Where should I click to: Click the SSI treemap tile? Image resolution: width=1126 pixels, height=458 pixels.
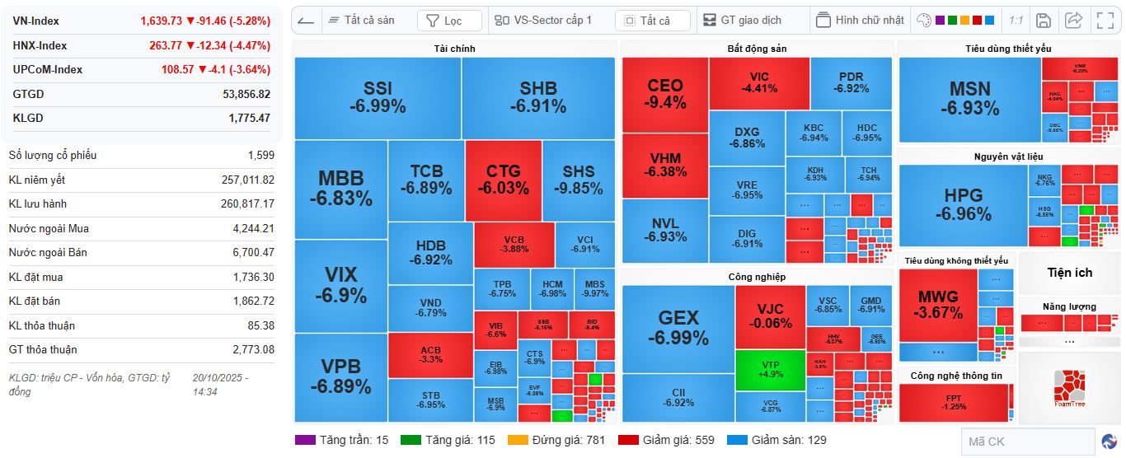[x=378, y=97]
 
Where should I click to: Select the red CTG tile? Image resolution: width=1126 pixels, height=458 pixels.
[x=503, y=180]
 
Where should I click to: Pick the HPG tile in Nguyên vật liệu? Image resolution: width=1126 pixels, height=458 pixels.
[x=963, y=204]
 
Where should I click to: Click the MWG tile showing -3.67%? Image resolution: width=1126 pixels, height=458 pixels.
[x=939, y=304]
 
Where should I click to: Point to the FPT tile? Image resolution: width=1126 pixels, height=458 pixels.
[x=954, y=403]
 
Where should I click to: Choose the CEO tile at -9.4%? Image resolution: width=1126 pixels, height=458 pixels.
[x=665, y=94]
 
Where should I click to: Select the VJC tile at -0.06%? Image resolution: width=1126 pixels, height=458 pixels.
[x=770, y=315]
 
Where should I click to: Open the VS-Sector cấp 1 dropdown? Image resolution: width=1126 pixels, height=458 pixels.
[x=544, y=21]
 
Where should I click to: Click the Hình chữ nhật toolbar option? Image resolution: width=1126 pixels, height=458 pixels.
[x=861, y=21]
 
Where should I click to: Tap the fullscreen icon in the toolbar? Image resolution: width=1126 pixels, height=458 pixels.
[x=1105, y=21]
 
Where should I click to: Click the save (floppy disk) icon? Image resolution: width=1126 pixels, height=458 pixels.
[x=1043, y=21]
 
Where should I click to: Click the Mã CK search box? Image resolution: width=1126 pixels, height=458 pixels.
[x=1026, y=442]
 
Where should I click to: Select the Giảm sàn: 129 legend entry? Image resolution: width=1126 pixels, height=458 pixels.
[x=777, y=440]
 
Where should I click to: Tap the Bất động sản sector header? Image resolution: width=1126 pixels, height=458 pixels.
[x=757, y=49]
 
